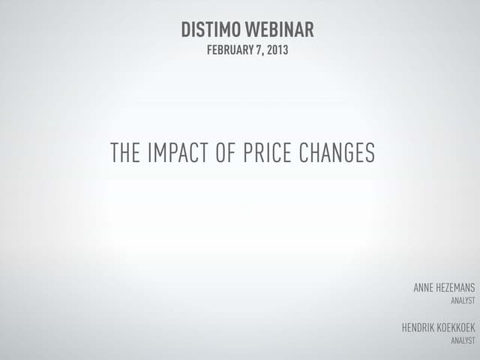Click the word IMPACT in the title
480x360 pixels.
(x=178, y=153)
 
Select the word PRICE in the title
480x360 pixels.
(x=268, y=153)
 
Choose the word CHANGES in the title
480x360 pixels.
(x=337, y=153)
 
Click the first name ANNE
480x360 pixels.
(x=424, y=287)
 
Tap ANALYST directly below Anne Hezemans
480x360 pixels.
(x=463, y=300)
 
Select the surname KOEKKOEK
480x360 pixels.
(x=454, y=327)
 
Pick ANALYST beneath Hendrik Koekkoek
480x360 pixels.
(x=463, y=340)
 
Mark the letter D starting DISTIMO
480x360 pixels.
(x=186, y=31)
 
